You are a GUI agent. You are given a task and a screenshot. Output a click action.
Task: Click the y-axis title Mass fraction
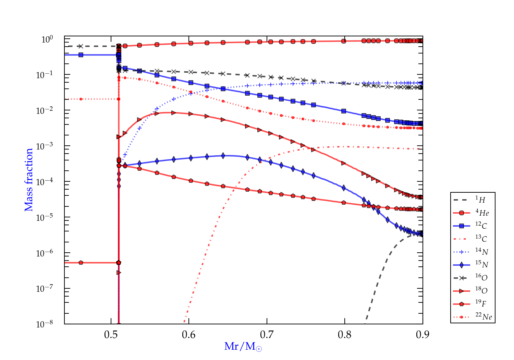pyautogui.click(x=29, y=180)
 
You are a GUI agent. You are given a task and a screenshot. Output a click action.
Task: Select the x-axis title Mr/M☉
pyautogui.click(x=243, y=347)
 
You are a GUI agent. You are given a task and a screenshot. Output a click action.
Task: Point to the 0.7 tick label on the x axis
pyautogui.click(x=267, y=334)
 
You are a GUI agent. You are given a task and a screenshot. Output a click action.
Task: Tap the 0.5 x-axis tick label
pyautogui.click(x=111, y=334)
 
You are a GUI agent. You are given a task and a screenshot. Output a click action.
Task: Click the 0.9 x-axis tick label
pyautogui.click(x=423, y=334)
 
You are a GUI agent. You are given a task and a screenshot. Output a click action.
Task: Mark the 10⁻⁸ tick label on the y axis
pyautogui.click(x=45, y=324)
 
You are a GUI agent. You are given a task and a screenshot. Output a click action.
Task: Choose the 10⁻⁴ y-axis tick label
pyautogui.click(x=45, y=181)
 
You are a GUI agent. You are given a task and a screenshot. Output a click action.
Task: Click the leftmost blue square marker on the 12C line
pyautogui.click(x=81, y=55)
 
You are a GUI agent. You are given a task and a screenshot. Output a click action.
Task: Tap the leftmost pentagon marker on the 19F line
pyautogui.click(x=81, y=263)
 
